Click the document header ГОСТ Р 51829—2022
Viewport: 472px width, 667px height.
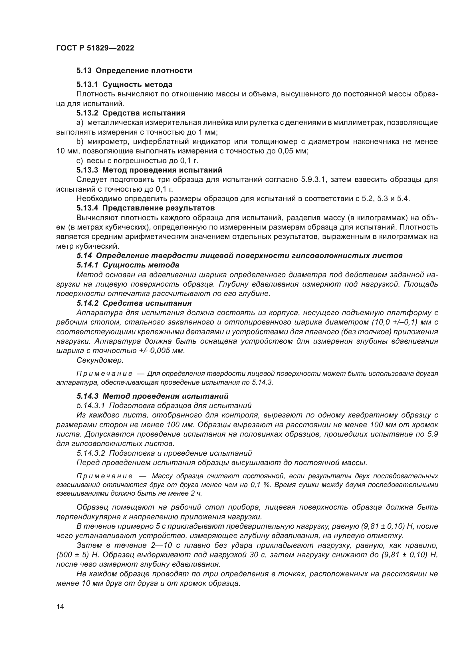(x=95, y=48)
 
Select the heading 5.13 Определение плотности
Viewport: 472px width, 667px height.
(x=134, y=71)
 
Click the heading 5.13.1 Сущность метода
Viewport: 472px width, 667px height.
(x=124, y=84)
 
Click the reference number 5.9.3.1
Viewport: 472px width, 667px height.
(x=313, y=180)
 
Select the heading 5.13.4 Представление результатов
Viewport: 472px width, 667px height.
(x=146, y=208)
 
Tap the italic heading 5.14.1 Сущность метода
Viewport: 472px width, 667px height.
(x=128, y=265)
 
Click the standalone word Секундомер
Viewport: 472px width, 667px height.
(x=100, y=360)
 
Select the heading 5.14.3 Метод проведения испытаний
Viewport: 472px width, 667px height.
(x=152, y=396)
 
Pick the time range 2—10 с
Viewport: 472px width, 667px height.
(x=164, y=545)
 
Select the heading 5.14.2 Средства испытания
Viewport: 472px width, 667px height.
(x=134, y=303)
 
